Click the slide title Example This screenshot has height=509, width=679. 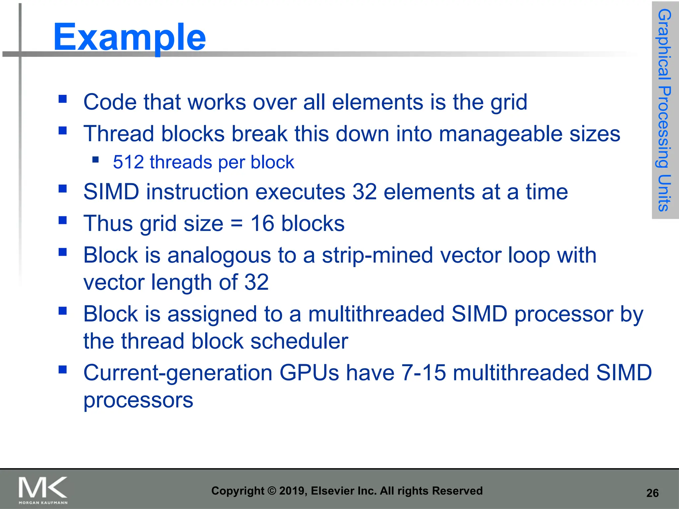tap(129, 37)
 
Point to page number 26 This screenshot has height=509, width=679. tap(652, 493)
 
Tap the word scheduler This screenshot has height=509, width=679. tap(299, 341)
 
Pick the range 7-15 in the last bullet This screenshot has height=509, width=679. tap(423, 372)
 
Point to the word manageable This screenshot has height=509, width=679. tap(501, 134)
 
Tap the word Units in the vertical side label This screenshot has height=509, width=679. tap(664, 193)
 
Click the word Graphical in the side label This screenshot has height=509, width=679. tap(664, 44)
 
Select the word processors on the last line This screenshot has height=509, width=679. tap(138, 400)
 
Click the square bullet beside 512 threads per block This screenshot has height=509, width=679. tap(96, 160)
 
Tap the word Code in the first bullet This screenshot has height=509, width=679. tap(110, 102)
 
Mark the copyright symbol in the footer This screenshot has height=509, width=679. tap(272, 491)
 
